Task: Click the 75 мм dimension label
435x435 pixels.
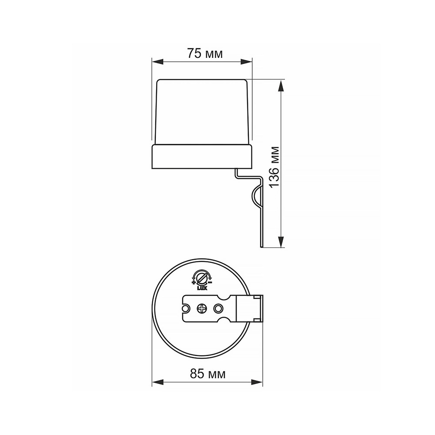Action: (205, 54)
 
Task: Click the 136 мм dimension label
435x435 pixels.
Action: (274, 167)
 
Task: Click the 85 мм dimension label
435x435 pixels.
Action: (207, 374)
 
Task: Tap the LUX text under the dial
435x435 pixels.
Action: (202, 288)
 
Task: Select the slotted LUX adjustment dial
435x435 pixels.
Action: (202, 278)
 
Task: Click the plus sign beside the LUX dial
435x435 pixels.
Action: (194, 282)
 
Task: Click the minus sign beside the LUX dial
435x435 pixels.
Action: (210, 282)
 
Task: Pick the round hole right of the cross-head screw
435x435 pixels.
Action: (218, 308)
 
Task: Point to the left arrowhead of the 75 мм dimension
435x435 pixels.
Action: (157, 62)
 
